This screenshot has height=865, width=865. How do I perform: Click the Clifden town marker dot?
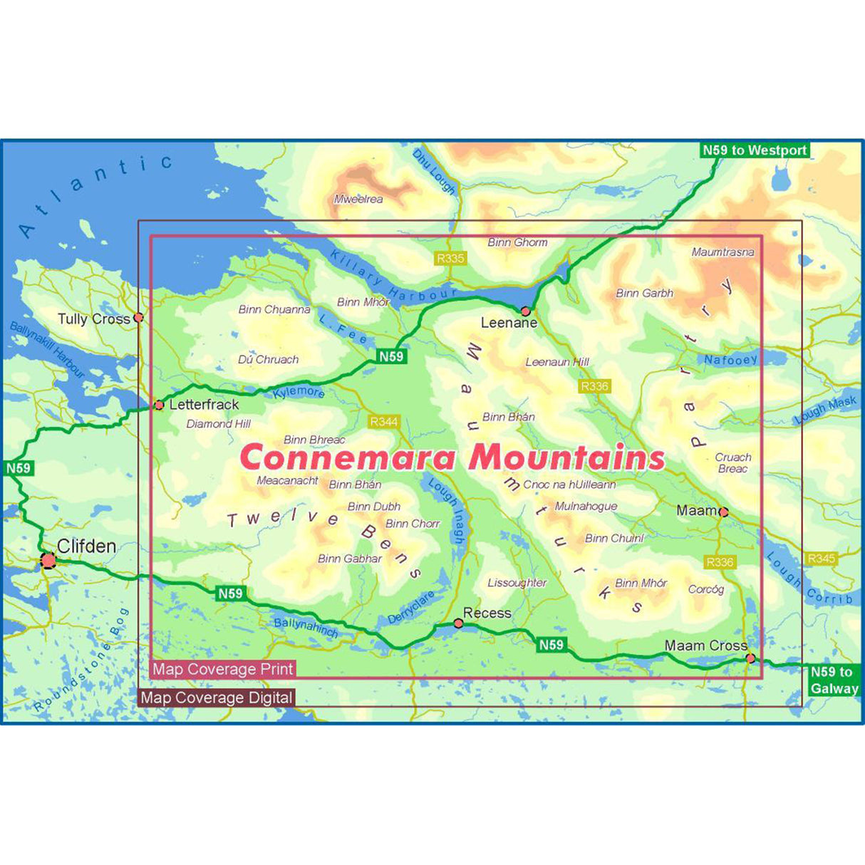click(x=48, y=561)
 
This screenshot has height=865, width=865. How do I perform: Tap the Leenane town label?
click(x=509, y=323)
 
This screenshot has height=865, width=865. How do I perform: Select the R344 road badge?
click(x=384, y=422)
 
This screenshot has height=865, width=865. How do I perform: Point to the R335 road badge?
click(x=450, y=258)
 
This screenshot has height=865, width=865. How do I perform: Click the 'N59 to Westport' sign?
click(x=755, y=150)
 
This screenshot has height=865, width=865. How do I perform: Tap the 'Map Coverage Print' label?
click(x=223, y=669)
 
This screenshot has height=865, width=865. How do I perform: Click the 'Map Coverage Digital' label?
click(x=217, y=698)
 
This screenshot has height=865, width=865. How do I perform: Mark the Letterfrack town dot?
click(x=159, y=405)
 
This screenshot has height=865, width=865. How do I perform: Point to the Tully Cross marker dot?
click(x=139, y=317)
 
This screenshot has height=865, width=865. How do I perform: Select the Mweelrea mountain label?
click(x=358, y=200)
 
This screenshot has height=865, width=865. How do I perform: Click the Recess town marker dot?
click(x=458, y=623)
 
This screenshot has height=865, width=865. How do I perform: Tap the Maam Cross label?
click(x=705, y=646)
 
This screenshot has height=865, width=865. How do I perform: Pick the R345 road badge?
click(x=821, y=559)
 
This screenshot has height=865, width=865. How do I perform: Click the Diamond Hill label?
click(x=219, y=424)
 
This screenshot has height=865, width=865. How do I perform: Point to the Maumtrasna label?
click(x=722, y=252)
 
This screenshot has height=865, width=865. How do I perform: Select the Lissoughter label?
click(x=517, y=583)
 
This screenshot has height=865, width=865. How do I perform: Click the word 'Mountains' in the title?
click(x=567, y=457)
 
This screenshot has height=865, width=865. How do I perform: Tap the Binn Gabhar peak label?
click(x=350, y=559)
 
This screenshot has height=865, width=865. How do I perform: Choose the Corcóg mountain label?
click(x=706, y=589)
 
